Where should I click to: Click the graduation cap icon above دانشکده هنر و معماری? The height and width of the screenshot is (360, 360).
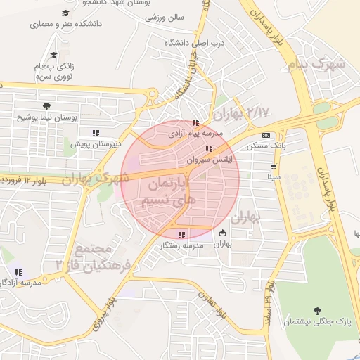click(65, 13)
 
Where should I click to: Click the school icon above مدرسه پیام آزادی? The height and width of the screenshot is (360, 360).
click(195, 122)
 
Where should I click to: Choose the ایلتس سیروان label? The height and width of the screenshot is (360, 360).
click(208, 159)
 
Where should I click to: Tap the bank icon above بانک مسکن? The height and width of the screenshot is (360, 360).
click(266, 135)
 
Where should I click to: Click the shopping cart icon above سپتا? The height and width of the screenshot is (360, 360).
click(273, 167)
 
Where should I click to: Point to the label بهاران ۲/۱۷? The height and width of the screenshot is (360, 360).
click(241, 112)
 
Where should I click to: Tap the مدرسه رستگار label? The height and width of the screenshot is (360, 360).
click(181, 245)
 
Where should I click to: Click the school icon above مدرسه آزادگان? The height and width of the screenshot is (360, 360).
click(18, 272)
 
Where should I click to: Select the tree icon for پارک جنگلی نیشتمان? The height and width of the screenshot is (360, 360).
click(317, 311)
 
